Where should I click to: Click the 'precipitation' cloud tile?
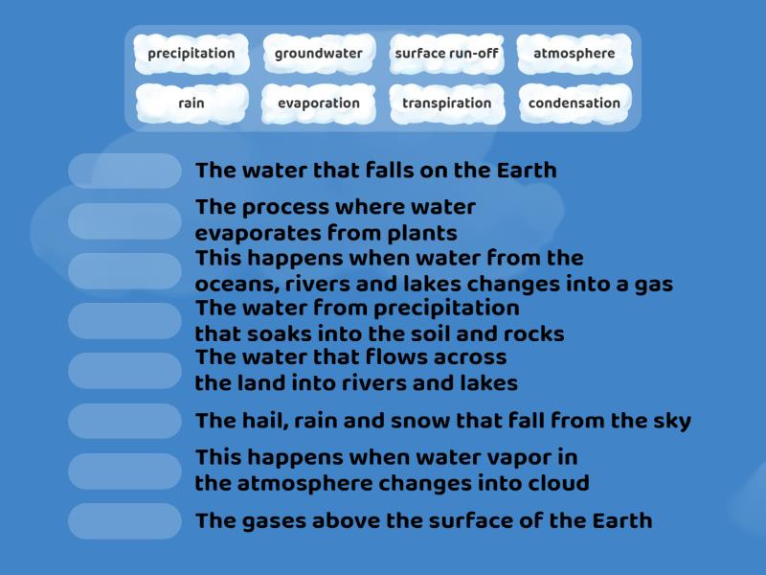click(191, 54)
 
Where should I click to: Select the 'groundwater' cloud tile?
click(319, 54)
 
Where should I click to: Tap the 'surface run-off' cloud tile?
click(446, 54)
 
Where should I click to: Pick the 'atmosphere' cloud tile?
click(574, 54)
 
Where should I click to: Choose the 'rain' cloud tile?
click(191, 103)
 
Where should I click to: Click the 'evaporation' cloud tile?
click(319, 103)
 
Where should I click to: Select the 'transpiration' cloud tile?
click(446, 103)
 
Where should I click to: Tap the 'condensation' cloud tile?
click(574, 103)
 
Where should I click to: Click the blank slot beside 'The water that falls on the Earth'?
click(124, 171)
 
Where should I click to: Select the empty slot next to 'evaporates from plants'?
click(124, 220)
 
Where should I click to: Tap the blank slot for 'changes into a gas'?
click(124, 270)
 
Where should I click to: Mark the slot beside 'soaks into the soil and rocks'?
click(124, 320)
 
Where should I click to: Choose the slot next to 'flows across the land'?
click(124, 370)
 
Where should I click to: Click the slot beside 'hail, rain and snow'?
click(124, 421)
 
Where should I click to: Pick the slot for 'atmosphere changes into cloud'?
click(124, 471)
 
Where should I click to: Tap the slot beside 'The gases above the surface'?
click(124, 520)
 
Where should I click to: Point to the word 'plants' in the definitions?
click(423, 233)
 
